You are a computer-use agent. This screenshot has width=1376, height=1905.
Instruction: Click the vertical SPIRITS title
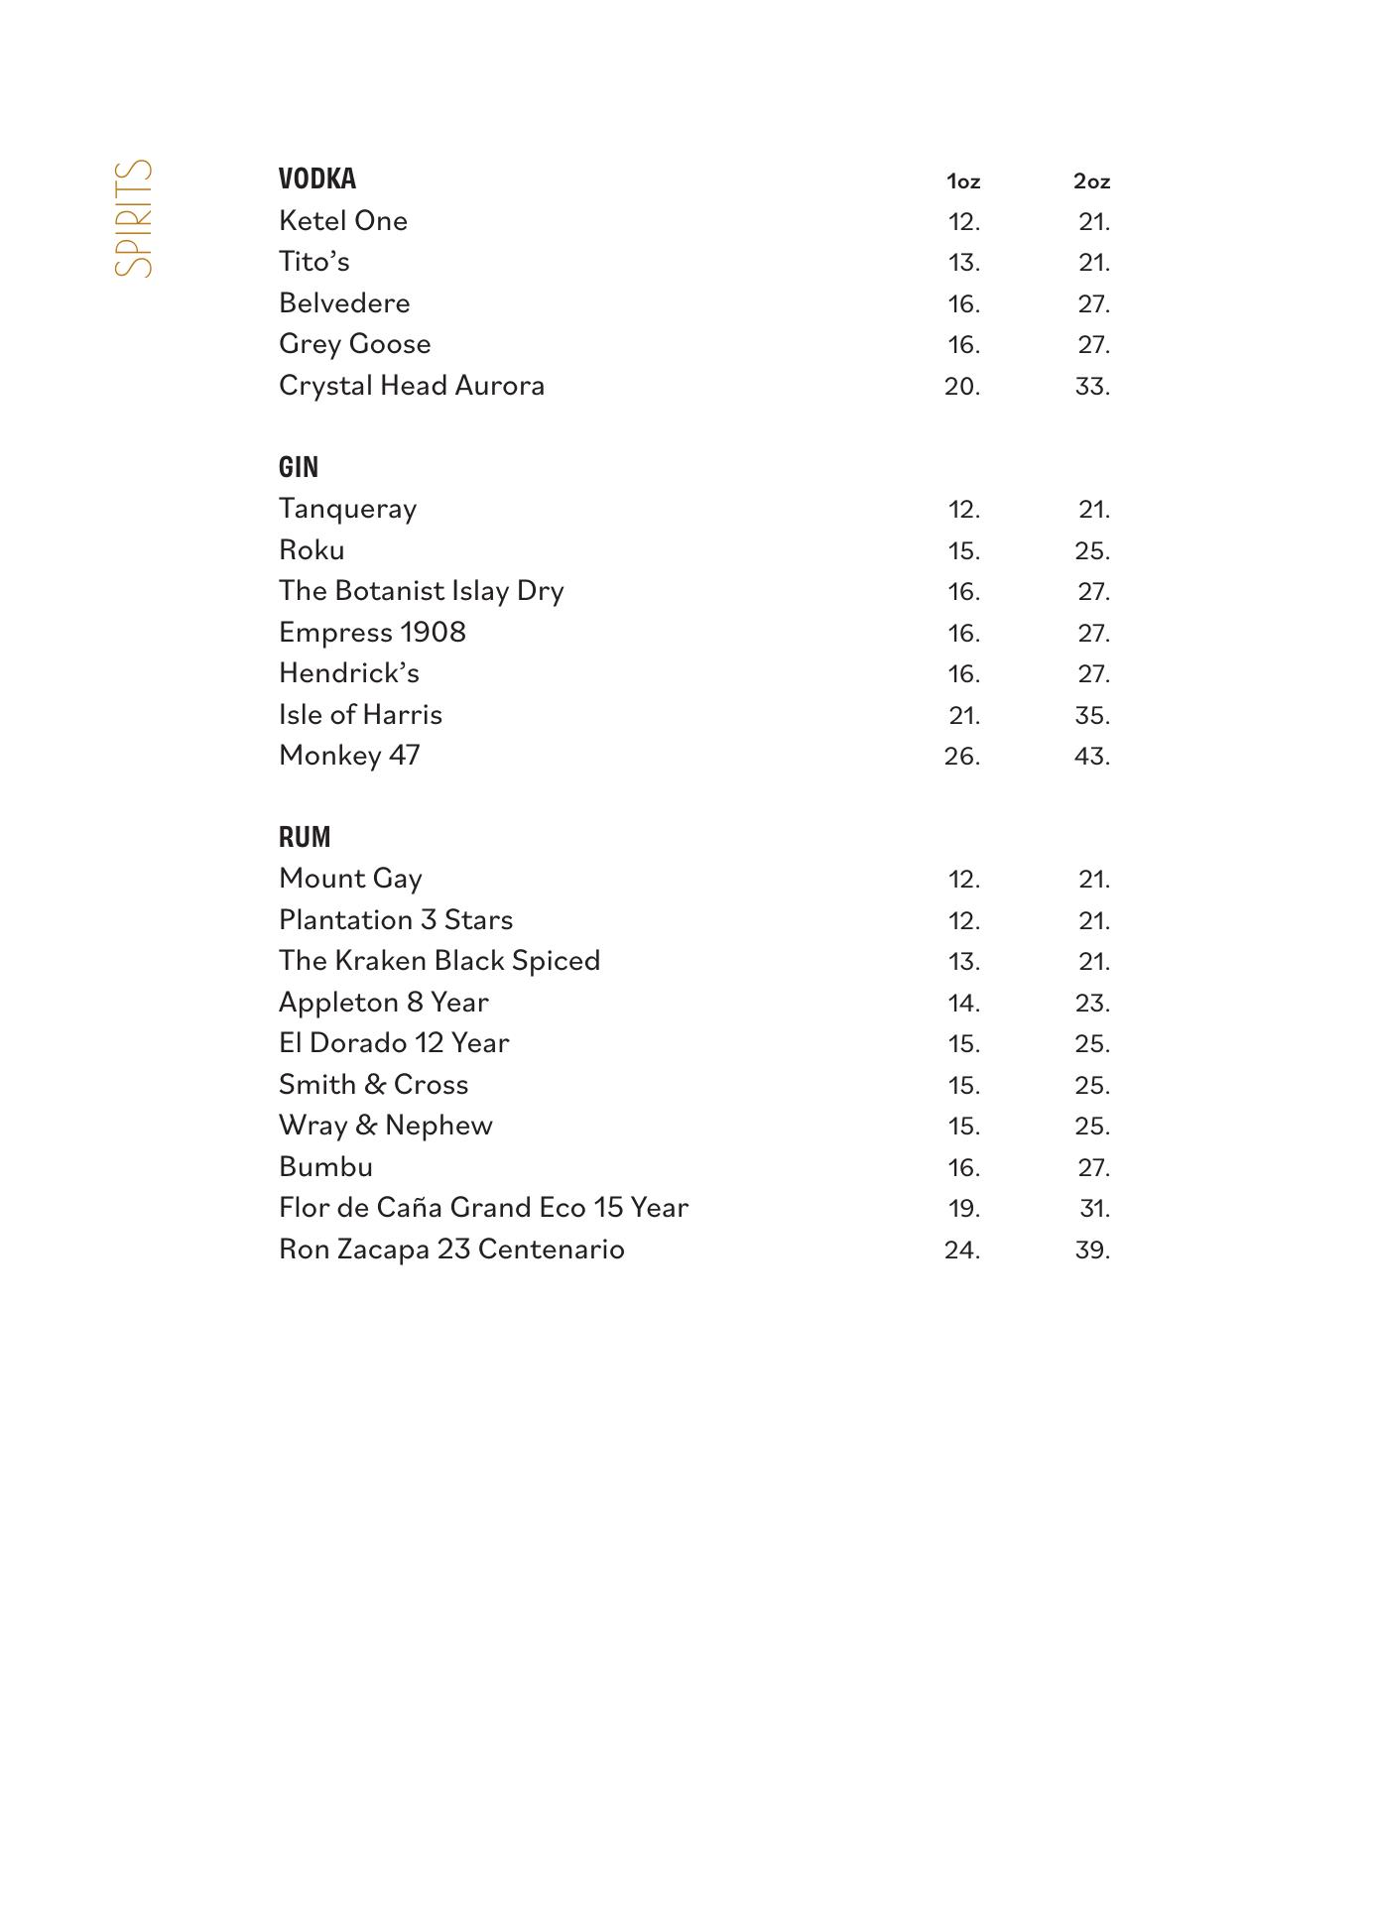point(134,218)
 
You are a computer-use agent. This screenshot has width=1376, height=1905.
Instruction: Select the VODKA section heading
point(317,179)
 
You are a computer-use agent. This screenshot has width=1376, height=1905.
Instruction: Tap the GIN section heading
point(299,467)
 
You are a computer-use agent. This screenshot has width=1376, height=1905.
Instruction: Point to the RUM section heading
point(305,837)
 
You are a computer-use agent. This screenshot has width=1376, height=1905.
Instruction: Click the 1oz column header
point(963,181)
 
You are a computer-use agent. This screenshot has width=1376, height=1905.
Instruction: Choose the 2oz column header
point(1091,181)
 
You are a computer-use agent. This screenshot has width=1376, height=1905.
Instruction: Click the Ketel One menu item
point(343,220)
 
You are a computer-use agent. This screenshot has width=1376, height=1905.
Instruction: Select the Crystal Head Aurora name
point(412,385)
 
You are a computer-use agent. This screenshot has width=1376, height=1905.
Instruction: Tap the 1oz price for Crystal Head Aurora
point(962,386)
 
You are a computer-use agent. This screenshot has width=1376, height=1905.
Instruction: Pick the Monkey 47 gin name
point(349,756)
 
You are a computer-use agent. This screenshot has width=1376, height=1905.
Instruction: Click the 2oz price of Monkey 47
point(1091,757)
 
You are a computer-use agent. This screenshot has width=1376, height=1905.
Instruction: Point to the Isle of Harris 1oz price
point(963,715)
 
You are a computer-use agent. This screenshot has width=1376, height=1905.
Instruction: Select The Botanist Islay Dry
point(422,591)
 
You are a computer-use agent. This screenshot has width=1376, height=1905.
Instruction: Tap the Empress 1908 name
point(372,633)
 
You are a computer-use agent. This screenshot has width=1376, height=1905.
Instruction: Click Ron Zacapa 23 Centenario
point(451,1249)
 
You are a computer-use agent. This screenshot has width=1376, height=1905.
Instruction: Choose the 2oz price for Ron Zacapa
point(1091,1250)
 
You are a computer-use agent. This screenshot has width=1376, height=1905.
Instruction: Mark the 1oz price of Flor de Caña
point(963,1209)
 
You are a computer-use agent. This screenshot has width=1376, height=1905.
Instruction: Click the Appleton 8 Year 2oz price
point(1091,1003)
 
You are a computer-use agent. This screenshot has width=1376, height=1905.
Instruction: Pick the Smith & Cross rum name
point(373,1084)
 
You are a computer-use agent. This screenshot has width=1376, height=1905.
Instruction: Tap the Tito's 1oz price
point(963,263)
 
